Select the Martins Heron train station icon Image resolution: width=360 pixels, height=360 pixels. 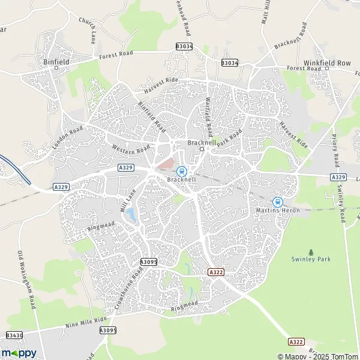click(x=277, y=203)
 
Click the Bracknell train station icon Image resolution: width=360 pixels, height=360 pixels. click(x=181, y=172)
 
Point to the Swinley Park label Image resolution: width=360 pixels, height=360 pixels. click(x=311, y=259)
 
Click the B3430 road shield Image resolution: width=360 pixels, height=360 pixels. click(x=14, y=335)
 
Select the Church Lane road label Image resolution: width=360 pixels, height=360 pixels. click(x=88, y=29)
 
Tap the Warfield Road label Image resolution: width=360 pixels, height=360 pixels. click(x=209, y=116)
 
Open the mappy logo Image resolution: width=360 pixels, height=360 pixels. click(x=19, y=352)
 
